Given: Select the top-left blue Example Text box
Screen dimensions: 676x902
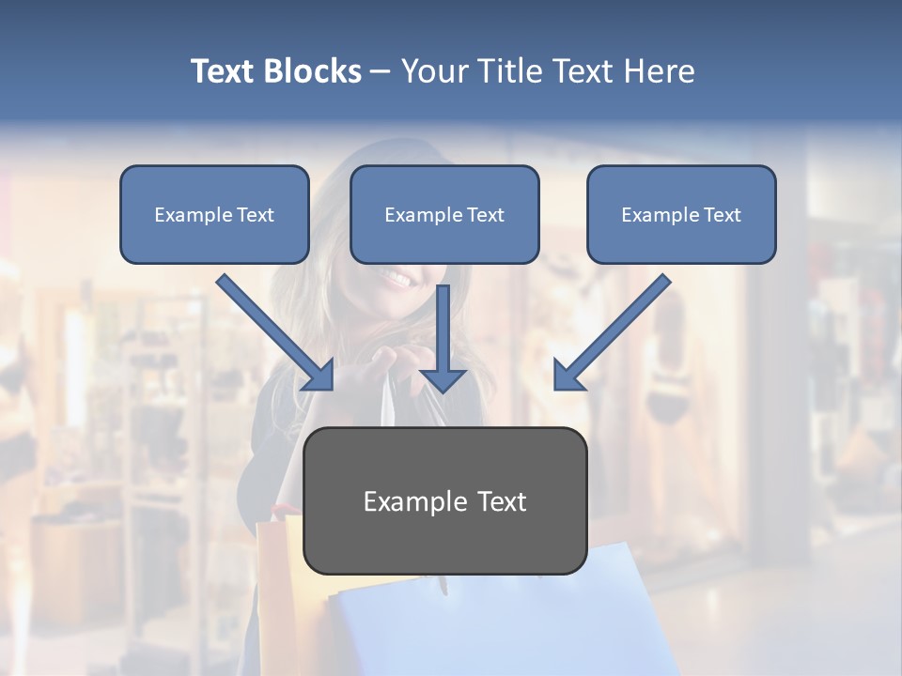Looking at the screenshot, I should point(214,215).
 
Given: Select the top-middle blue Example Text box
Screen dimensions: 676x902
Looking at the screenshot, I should point(444,215).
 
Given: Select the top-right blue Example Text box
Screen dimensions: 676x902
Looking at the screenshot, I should point(681,215).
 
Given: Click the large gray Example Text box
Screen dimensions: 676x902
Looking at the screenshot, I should point(444,500).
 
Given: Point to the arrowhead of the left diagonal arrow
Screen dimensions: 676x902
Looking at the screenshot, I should point(319,376).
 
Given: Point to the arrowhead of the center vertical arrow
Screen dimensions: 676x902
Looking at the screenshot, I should point(443,379).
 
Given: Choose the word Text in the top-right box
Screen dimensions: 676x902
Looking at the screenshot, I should point(723,215).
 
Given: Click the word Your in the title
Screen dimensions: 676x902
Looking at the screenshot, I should point(434,71).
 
